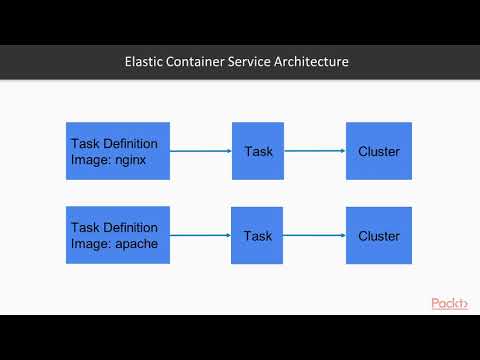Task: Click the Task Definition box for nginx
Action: pos(118,151)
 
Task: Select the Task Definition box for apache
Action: pos(118,236)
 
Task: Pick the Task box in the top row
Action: pos(258,151)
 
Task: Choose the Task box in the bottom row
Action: pos(258,236)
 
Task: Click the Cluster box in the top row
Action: pos(379,151)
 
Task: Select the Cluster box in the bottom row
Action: pos(379,236)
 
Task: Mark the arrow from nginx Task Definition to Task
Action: pos(201,152)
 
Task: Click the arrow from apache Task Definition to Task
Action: pos(201,237)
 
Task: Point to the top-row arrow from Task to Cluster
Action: pos(315,152)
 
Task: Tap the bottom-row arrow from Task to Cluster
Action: pos(315,237)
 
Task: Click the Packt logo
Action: pos(450,303)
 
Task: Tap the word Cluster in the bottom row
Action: pos(379,236)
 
